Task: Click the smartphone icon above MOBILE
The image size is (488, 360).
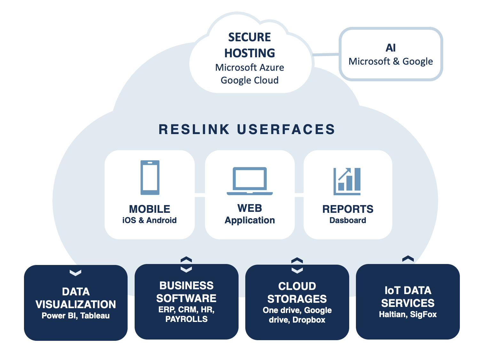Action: coord(150,178)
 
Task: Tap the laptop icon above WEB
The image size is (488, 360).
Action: coord(249,181)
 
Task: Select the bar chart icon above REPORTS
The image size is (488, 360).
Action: coord(347,181)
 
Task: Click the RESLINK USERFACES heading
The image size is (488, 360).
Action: coord(247,130)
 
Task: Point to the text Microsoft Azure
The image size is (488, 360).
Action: coord(249,68)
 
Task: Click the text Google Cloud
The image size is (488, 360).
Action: coord(249,80)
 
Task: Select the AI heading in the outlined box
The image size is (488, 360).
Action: coord(390,48)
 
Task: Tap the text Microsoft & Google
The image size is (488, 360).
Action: coord(390,61)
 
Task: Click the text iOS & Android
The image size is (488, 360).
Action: coord(149,220)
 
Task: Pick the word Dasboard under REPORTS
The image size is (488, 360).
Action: coord(348,220)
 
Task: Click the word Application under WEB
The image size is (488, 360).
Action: coord(250,220)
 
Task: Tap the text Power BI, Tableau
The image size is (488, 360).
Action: coord(75,316)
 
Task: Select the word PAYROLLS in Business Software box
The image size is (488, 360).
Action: coord(186,319)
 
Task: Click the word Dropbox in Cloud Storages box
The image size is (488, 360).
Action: coord(309,320)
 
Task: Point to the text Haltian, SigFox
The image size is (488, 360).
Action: coord(408,315)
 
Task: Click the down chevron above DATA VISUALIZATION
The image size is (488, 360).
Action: coord(75,273)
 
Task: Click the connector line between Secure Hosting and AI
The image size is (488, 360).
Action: coord(326,55)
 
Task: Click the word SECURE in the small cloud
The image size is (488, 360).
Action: coord(249,37)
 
